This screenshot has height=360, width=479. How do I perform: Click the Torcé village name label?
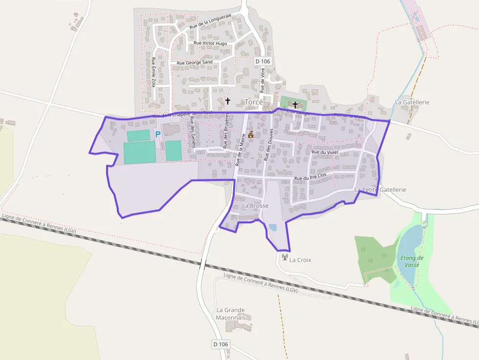click(254, 102)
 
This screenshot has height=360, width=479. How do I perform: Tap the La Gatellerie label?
click(412, 102)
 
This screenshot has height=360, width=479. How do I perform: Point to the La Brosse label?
click(255, 206)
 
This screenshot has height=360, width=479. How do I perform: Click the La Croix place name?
click(300, 260)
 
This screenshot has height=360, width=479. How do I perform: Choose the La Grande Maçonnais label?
click(231, 314)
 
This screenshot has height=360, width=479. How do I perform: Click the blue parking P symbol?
click(157, 134)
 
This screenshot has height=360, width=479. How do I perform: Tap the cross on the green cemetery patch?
click(295, 105)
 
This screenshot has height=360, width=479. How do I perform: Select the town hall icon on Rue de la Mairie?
click(251, 134)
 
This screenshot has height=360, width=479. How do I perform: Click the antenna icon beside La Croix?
click(284, 257)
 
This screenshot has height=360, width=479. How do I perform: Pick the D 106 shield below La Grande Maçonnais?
click(220, 344)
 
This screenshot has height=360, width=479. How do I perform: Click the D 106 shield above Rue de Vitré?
click(262, 61)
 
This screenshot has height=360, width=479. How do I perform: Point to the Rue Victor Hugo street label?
click(210, 43)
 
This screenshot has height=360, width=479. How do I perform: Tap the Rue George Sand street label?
click(195, 63)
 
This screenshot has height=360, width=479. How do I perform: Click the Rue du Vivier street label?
click(325, 152)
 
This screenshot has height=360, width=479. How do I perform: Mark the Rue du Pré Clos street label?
click(310, 177)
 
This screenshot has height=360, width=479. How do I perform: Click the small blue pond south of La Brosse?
click(272, 227)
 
